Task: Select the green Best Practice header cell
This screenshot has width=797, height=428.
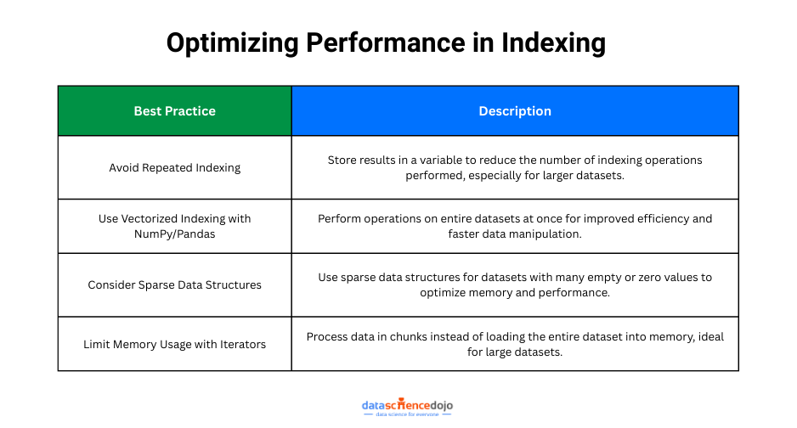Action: pyautogui.click(x=174, y=111)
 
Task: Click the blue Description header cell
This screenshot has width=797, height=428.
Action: pyautogui.click(x=515, y=111)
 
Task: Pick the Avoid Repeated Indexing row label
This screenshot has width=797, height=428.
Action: pyautogui.click(x=174, y=167)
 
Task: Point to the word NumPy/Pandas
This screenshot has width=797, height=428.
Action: pyautogui.click(x=174, y=234)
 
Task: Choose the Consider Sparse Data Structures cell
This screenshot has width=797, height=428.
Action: pyautogui.click(x=174, y=284)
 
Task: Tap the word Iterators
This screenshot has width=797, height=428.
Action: pyautogui.click(x=240, y=344)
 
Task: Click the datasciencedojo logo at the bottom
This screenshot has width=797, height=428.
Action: pyautogui.click(x=407, y=407)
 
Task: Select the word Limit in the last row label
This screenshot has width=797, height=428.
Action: pyautogui.click(x=97, y=344)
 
